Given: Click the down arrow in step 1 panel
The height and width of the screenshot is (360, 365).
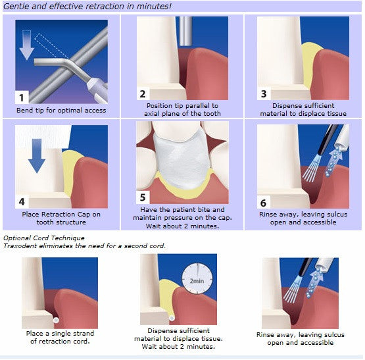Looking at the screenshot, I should pyautogui.click(x=30, y=47).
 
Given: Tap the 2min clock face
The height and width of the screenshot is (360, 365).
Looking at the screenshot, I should pyautogui.click(x=196, y=280).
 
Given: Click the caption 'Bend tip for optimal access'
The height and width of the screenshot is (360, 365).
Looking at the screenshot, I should pyautogui.click(x=61, y=110).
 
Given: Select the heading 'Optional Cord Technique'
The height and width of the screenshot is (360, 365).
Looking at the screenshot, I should pyautogui.click(x=44, y=238).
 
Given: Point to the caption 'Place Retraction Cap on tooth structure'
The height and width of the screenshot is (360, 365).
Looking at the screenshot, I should pyautogui.click(x=61, y=219).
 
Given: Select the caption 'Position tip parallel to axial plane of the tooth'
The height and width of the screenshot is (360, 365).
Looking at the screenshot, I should pyautogui.click(x=182, y=109).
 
